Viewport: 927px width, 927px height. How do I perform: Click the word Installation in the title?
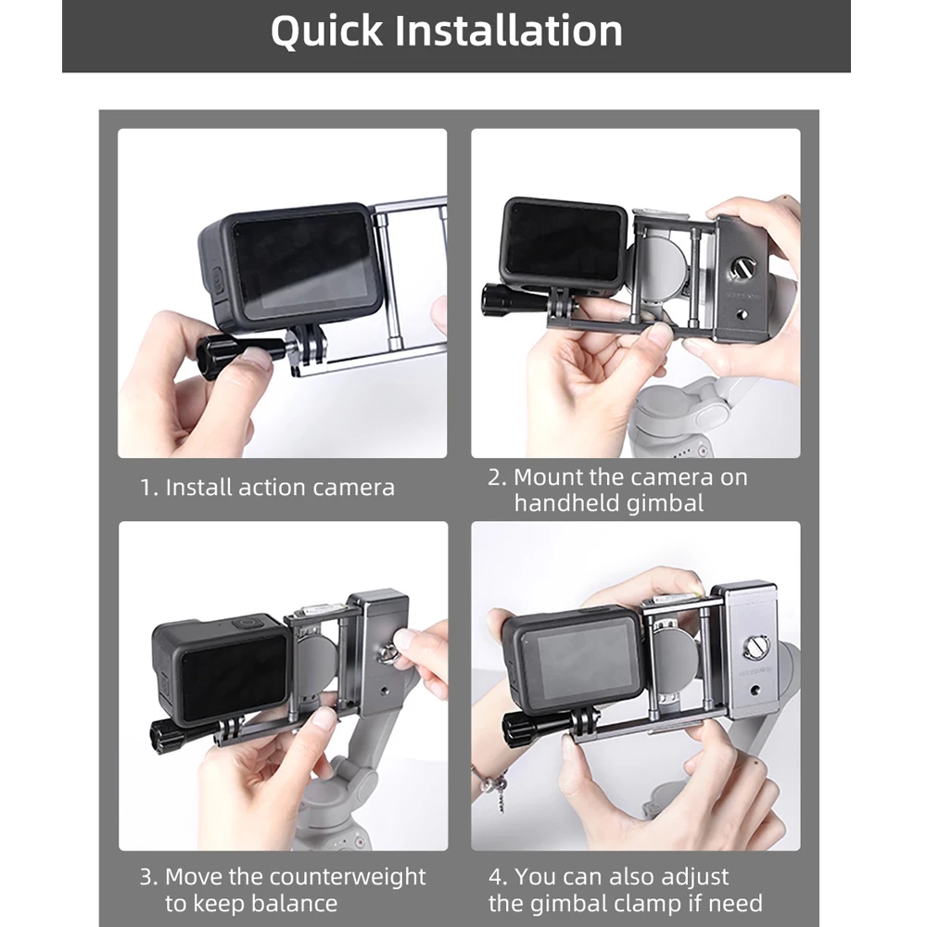pos(509,32)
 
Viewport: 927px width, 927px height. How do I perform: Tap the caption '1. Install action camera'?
pos(268,488)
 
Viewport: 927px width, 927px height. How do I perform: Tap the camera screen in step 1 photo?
pos(301,263)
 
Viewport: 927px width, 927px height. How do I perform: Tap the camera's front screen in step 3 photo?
pos(231,679)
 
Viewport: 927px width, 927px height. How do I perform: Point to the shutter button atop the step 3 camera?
pos(245,624)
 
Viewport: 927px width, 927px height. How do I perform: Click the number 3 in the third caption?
pos(146,877)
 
